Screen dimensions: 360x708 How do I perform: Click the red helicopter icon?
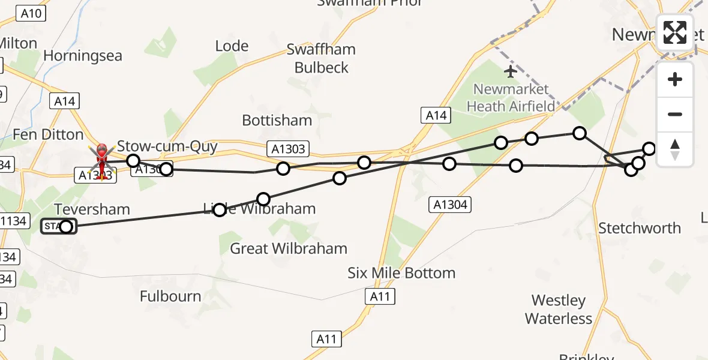pyautogui.click(x=102, y=158)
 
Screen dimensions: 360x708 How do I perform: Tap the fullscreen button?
pyautogui.click(x=675, y=33)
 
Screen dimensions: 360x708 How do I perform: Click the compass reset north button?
pyautogui.click(x=675, y=149)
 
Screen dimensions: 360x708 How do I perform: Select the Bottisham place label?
pyautogui.click(x=277, y=120)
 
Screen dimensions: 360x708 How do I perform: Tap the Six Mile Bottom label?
pyautogui.click(x=401, y=273)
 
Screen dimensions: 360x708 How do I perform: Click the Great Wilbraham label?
pyautogui.click(x=289, y=248)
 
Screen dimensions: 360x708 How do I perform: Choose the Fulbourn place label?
pyautogui.click(x=170, y=296)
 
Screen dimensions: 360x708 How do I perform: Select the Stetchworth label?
pyautogui.click(x=640, y=228)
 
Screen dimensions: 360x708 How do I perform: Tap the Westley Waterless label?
pyautogui.click(x=559, y=309)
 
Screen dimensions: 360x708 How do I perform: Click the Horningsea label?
pyautogui.click(x=83, y=56)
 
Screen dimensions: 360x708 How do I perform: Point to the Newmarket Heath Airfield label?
pyautogui.click(x=511, y=98)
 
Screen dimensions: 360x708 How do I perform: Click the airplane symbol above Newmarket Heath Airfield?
pyautogui.click(x=511, y=72)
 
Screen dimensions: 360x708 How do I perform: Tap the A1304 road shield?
pyautogui.click(x=450, y=205)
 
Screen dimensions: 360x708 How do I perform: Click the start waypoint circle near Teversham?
pyautogui.click(x=66, y=226)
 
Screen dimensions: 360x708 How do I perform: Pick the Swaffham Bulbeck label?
pyautogui.click(x=321, y=58)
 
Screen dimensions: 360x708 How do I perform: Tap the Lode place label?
pyautogui.click(x=232, y=46)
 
